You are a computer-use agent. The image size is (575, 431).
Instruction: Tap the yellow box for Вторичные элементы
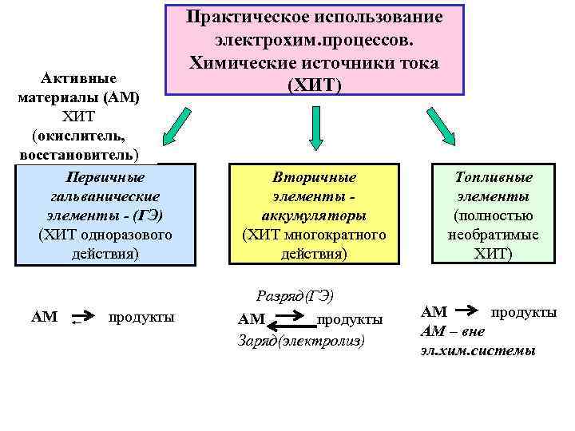pos(314,215)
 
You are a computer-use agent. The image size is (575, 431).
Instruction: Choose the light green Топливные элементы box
pos(493,215)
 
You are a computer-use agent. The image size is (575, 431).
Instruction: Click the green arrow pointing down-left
pos(176,127)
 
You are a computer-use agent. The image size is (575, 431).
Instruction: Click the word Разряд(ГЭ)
pos(293,295)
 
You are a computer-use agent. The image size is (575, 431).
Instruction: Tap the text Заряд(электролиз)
pos(301,340)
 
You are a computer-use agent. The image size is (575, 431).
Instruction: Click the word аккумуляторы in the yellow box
pos(314,215)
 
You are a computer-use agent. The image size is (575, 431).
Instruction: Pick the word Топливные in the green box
pos(494,177)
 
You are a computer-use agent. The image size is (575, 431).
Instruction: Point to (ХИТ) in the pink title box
pos(314,84)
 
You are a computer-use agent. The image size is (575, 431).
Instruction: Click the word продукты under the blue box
pos(141,317)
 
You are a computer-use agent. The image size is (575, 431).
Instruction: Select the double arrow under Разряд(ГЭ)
pos(295,323)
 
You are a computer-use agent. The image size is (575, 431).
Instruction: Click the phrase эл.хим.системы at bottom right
pos(478,350)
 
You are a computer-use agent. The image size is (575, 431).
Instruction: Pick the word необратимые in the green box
pos(494,235)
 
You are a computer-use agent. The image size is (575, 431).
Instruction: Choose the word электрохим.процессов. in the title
pos(314,39)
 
